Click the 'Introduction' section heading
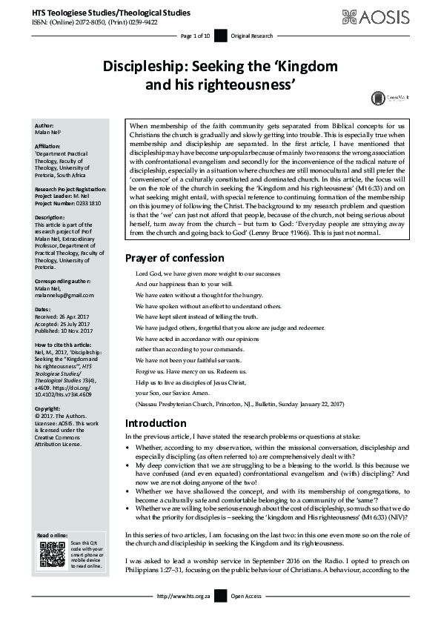(156, 423)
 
